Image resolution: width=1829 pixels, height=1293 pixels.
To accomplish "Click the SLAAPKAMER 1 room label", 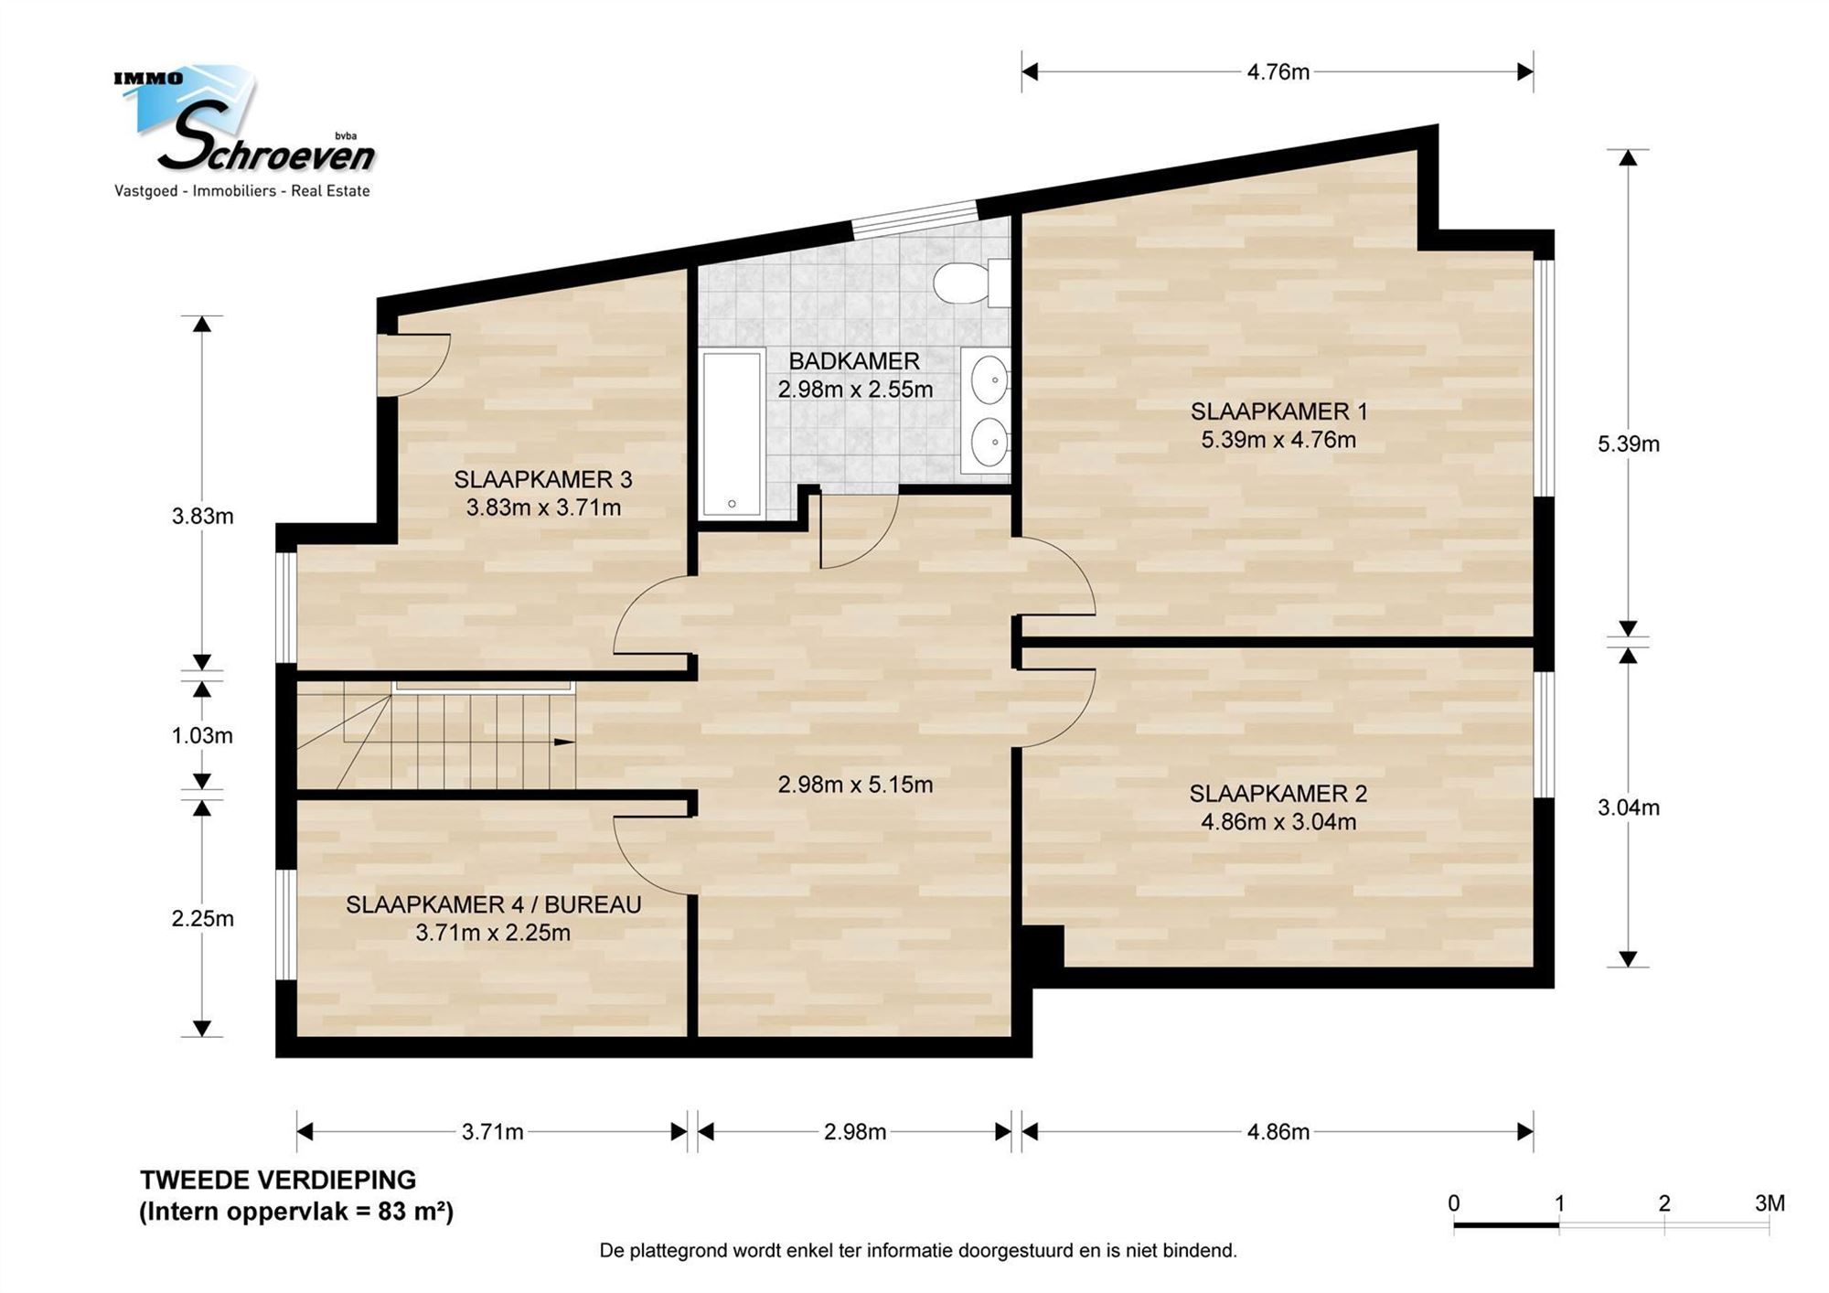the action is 1278,411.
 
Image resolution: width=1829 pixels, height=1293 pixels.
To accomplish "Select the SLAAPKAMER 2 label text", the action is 1278,794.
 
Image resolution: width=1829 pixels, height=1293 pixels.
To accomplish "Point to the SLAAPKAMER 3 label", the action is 543,479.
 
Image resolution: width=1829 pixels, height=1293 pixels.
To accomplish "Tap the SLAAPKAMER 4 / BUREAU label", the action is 494,904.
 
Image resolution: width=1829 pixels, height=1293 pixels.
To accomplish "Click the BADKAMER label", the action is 854,361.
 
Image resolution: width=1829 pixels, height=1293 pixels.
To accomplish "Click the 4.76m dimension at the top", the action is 1278,72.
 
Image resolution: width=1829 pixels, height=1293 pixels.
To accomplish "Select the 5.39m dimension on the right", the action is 1629,443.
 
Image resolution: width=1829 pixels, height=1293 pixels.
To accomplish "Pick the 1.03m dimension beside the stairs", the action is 202,735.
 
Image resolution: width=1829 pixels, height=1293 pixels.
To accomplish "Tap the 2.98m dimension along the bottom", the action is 855,1132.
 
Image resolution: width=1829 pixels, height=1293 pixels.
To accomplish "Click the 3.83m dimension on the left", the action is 202,517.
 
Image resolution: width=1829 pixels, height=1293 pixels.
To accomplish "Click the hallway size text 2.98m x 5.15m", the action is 855,785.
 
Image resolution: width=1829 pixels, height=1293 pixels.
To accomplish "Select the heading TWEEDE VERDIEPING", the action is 278,1180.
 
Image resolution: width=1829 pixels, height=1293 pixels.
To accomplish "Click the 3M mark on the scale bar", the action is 1770,1203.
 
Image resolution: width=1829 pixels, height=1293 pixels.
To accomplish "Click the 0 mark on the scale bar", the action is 1454,1203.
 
